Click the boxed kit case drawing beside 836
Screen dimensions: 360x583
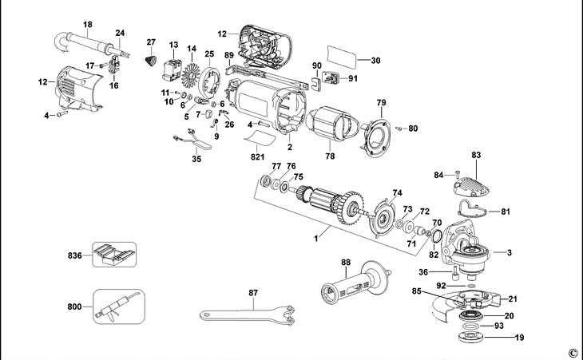113,253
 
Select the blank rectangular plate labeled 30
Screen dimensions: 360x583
343,59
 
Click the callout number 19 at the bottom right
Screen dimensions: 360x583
520,338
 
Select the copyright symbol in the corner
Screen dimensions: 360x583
572,352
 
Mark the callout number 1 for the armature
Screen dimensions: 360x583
317,237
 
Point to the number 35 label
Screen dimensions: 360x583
196,160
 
